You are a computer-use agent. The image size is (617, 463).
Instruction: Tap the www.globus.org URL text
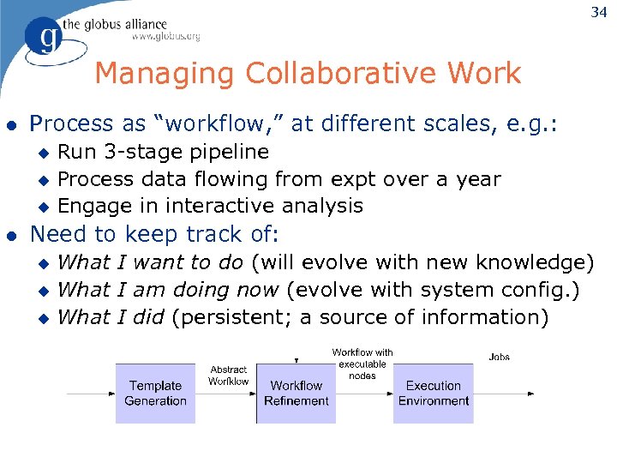click(165, 36)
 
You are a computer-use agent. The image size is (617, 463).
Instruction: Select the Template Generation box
click(155, 394)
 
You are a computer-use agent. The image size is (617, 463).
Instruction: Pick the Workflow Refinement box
click(297, 394)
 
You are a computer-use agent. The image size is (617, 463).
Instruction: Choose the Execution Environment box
click(433, 394)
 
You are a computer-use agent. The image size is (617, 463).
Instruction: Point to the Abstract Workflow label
click(228, 376)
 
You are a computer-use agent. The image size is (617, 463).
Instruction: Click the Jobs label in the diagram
click(500, 357)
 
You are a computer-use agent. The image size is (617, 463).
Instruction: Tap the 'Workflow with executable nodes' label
click(362, 364)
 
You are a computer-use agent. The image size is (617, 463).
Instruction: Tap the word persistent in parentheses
click(230, 317)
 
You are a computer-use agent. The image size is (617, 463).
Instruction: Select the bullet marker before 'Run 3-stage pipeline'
click(45, 153)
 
